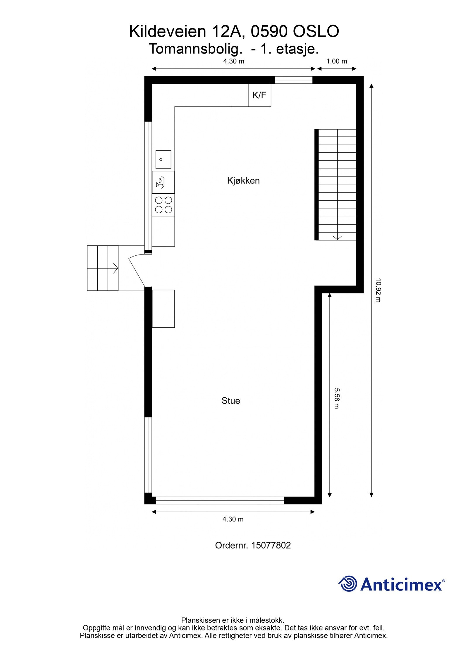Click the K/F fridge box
(x=259, y=95)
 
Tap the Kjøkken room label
(x=243, y=180)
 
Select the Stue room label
(x=230, y=400)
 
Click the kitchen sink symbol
(x=163, y=159)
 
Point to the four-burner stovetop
(x=163, y=205)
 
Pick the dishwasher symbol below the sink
(x=163, y=182)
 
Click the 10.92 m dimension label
(x=378, y=290)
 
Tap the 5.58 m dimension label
(x=337, y=398)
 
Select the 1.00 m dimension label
(x=336, y=61)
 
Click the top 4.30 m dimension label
(x=233, y=61)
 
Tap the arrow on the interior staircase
(x=337, y=237)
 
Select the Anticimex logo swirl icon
(x=348, y=584)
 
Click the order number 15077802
(x=271, y=545)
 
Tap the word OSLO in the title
(x=316, y=32)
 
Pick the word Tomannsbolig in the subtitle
(x=195, y=49)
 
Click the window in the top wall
(x=293, y=80)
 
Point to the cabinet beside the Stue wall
(x=163, y=309)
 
